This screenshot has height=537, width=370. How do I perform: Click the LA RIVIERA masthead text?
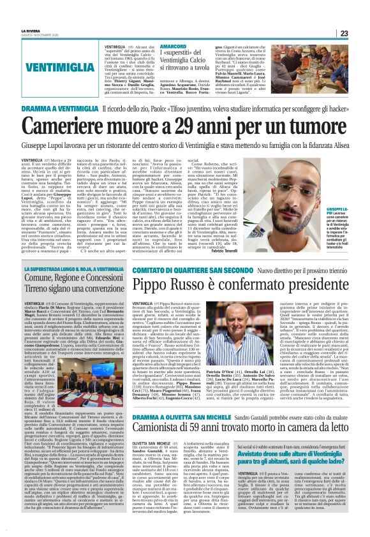pyautogui.click(x=30, y=30)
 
